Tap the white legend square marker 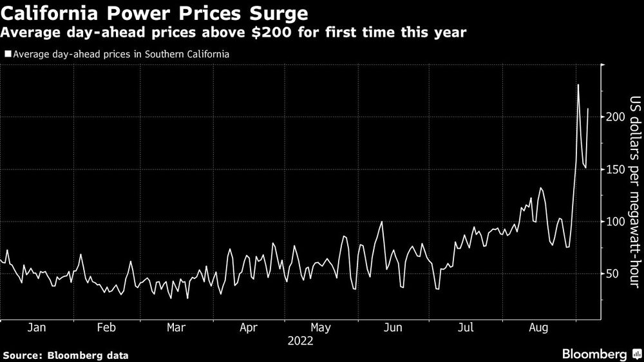point(7,54)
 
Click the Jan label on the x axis point(37,328)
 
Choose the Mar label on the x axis point(176,328)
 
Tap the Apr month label point(249,328)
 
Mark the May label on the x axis point(320,328)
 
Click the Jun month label point(392,328)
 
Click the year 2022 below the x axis point(300,341)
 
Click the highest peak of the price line point(578,84)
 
